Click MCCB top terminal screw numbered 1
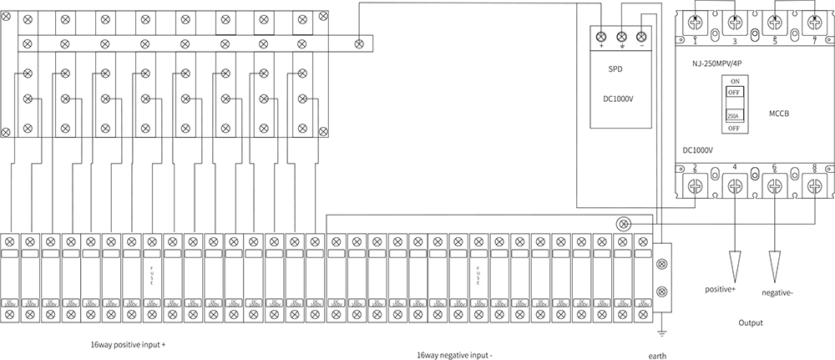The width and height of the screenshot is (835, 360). pos(696,23)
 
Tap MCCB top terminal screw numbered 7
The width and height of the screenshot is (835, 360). pos(814,23)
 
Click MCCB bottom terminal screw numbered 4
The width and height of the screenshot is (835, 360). pos(735,187)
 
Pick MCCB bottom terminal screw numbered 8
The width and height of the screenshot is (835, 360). pos(814,187)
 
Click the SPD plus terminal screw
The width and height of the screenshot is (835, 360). pos(602,36)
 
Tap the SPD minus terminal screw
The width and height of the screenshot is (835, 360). pos(640,36)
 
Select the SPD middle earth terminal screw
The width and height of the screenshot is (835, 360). pos(621,36)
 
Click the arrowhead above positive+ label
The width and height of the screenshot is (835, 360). pos(736,265)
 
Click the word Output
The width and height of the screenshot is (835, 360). pos(751,322)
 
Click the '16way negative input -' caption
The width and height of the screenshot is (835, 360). pos(455,354)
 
